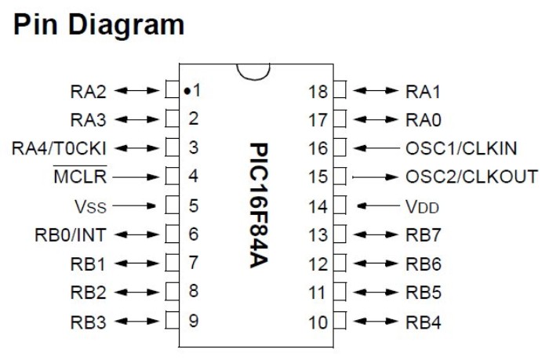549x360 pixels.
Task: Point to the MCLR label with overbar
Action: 81,176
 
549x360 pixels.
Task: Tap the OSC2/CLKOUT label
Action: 472,176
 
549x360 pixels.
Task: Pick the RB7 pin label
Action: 424,234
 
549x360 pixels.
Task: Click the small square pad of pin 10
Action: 340,320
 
